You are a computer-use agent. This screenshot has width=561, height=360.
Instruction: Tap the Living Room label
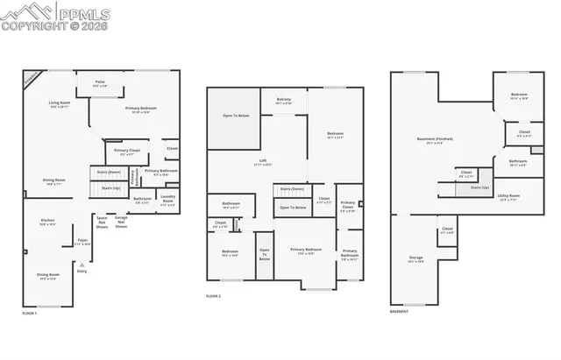(59, 105)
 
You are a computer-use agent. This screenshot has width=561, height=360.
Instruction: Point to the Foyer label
(83, 241)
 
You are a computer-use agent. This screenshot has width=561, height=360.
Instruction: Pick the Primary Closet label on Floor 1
(127, 152)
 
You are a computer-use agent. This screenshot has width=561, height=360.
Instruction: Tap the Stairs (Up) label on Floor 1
(110, 187)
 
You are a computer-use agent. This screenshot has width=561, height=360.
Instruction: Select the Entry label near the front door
(82, 272)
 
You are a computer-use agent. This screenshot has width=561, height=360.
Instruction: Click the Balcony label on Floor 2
(283, 101)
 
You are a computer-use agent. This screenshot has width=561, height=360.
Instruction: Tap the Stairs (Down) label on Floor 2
(292, 188)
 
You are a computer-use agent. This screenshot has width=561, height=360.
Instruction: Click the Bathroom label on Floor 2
(230, 206)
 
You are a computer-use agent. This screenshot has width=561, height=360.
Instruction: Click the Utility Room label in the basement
(508, 197)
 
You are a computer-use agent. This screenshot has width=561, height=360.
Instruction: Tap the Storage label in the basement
(415, 258)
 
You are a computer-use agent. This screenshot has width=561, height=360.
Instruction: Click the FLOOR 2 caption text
(214, 297)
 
